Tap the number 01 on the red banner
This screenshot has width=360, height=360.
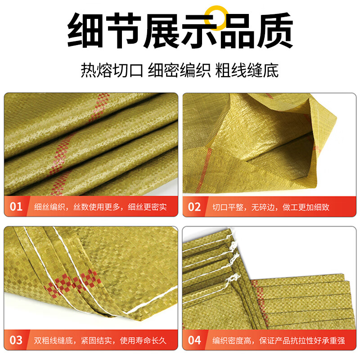tap(16, 207)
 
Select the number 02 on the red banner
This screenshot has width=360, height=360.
tap(194, 207)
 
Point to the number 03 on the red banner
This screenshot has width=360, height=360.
tap(16, 340)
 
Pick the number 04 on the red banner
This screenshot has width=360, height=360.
tap(194, 340)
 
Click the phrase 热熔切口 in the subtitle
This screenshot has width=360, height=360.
tap(112, 70)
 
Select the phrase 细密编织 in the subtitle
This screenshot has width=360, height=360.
tap(179, 70)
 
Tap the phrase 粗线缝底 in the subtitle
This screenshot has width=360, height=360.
tap(247, 70)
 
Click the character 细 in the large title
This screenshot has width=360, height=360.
tap(85, 30)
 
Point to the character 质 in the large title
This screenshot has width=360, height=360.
tap(275, 30)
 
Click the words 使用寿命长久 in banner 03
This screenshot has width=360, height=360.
tap(143, 341)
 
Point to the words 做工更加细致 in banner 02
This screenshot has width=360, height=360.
tap(306, 207)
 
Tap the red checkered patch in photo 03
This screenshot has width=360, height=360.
tap(73, 283)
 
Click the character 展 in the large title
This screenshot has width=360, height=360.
tap(161, 30)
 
